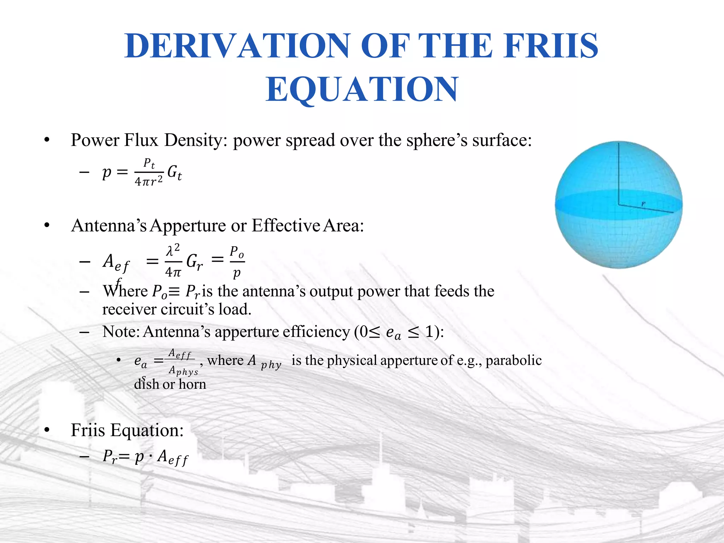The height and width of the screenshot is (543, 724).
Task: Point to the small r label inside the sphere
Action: pyautogui.click(x=643, y=204)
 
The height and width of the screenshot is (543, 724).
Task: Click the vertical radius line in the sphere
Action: pyautogui.click(x=619, y=173)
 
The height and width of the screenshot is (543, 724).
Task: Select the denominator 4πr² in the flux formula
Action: pyautogui.click(x=149, y=181)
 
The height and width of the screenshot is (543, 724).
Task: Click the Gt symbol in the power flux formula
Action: pyautogui.click(x=175, y=173)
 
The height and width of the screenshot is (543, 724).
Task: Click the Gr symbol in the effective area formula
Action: pyautogui.click(x=194, y=262)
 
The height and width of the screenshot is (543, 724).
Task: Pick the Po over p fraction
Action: pyautogui.click(x=237, y=262)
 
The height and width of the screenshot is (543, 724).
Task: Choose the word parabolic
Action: pyautogui.click(x=513, y=361)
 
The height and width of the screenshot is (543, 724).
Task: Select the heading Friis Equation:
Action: pyautogui.click(x=127, y=430)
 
